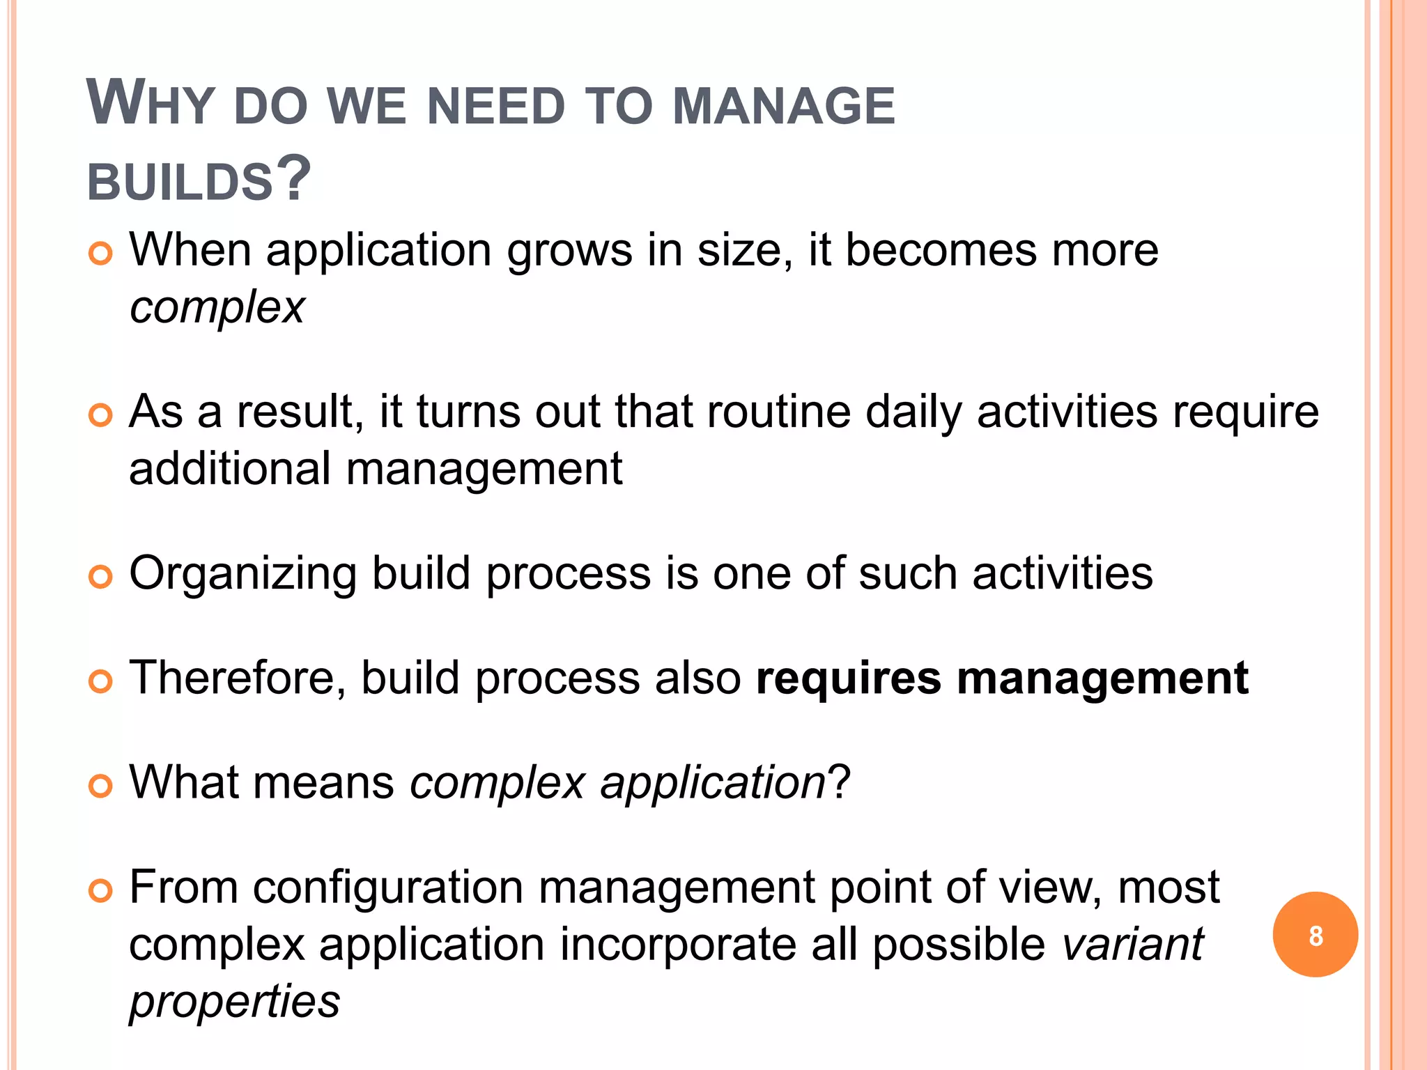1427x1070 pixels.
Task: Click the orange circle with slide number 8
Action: (1315, 935)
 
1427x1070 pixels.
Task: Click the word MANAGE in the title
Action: (784, 107)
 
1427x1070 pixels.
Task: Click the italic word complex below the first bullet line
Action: (217, 308)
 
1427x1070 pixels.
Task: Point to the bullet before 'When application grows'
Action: (101, 254)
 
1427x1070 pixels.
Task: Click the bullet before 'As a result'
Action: (101, 416)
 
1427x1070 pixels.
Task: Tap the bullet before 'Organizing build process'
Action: (101, 577)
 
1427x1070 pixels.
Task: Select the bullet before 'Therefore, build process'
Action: (101, 682)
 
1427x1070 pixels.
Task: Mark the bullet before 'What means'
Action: (101, 786)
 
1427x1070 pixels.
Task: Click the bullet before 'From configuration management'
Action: (101, 891)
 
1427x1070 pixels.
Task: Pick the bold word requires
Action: (848, 679)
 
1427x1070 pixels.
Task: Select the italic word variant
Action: (1133, 945)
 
